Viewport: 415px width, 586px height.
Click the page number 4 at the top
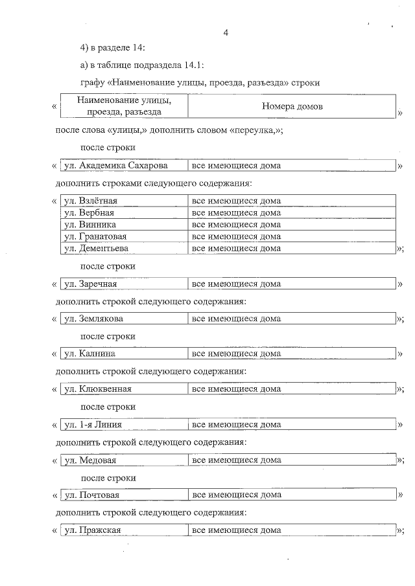click(225, 32)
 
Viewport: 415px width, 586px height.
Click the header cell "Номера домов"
click(292, 106)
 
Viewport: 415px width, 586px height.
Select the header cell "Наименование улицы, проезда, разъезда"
click(123, 106)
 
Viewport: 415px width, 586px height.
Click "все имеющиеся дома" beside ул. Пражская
click(237, 530)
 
